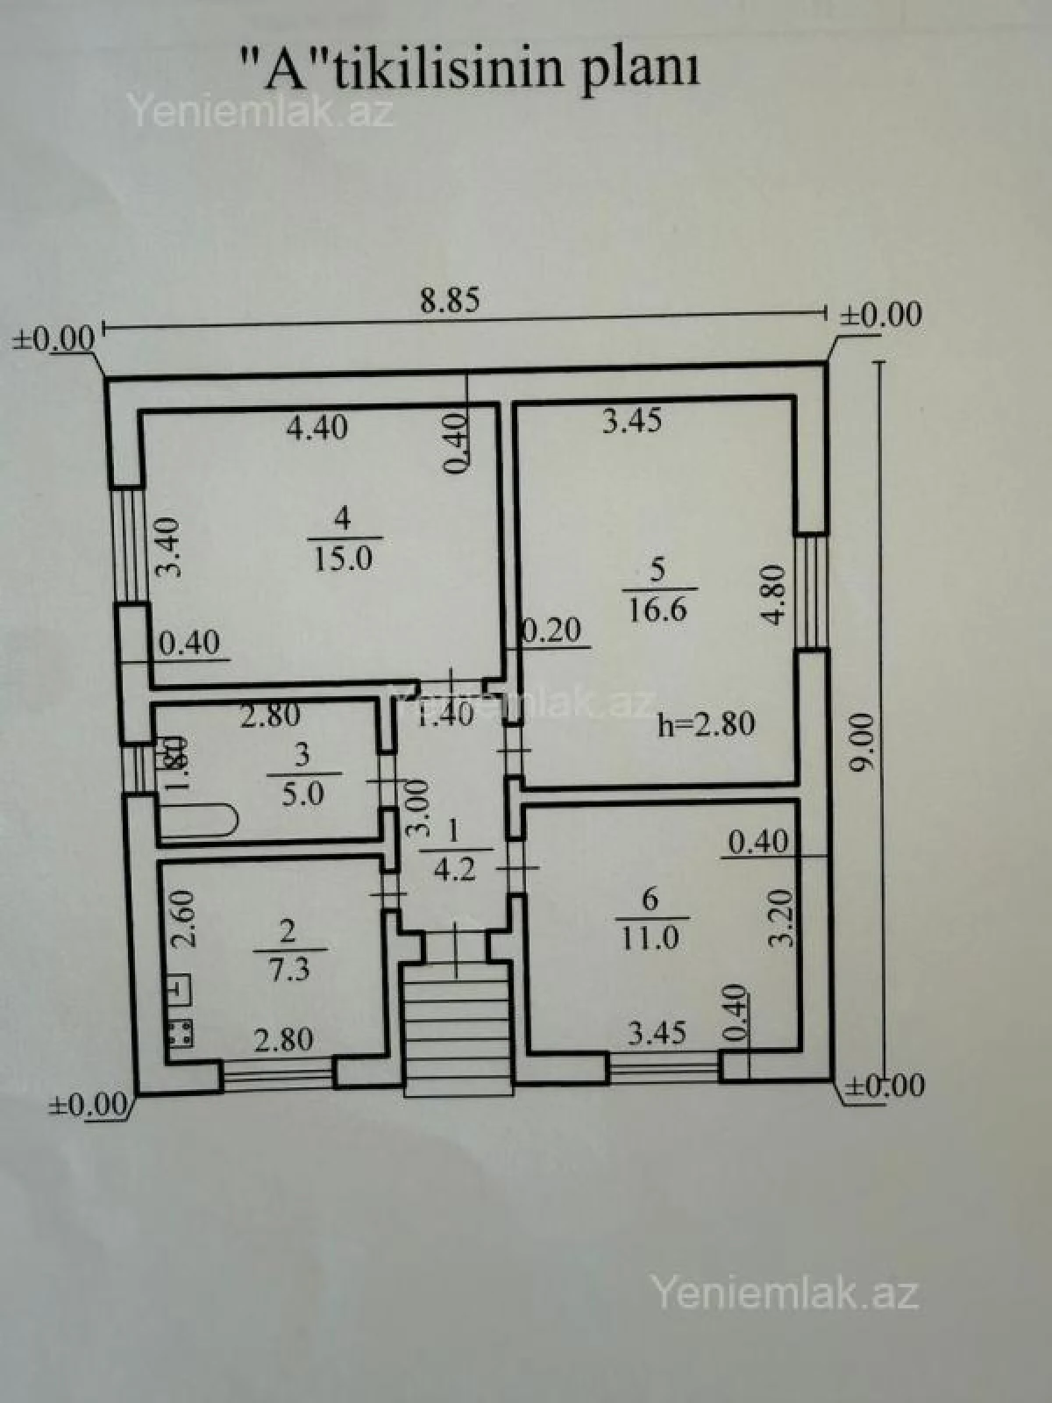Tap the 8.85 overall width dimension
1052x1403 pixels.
pyautogui.click(x=450, y=301)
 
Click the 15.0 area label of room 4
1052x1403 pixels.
pyautogui.click(x=343, y=559)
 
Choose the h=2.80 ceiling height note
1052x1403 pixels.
pyautogui.click(x=706, y=724)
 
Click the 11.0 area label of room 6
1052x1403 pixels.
pyautogui.click(x=650, y=938)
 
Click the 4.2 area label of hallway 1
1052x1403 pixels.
pyautogui.click(x=454, y=870)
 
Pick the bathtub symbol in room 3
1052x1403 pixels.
pyautogui.click(x=198, y=823)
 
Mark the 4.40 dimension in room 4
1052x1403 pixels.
pyautogui.click(x=317, y=427)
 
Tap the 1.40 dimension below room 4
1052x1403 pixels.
pyautogui.click(x=445, y=714)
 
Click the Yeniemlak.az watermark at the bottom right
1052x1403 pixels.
pyautogui.click(x=784, y=1293)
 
